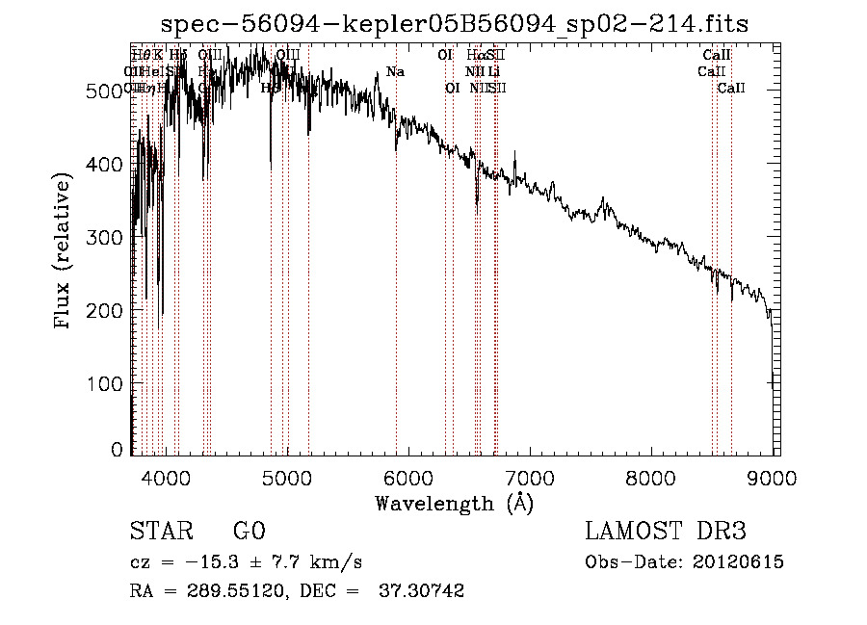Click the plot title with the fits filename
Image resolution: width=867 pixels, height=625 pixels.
(x=454, y=23)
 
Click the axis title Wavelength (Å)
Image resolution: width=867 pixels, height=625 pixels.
(x=454, y=503)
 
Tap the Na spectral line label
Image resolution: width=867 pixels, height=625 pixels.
(x=395, y=72)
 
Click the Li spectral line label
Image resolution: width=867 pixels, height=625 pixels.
(x=493, y=72)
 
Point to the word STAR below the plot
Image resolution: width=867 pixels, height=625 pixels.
(x=159, y=531)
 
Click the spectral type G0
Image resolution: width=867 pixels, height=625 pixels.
(x=249, y=531)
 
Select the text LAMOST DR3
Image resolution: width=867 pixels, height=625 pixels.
(x=666, y=531)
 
